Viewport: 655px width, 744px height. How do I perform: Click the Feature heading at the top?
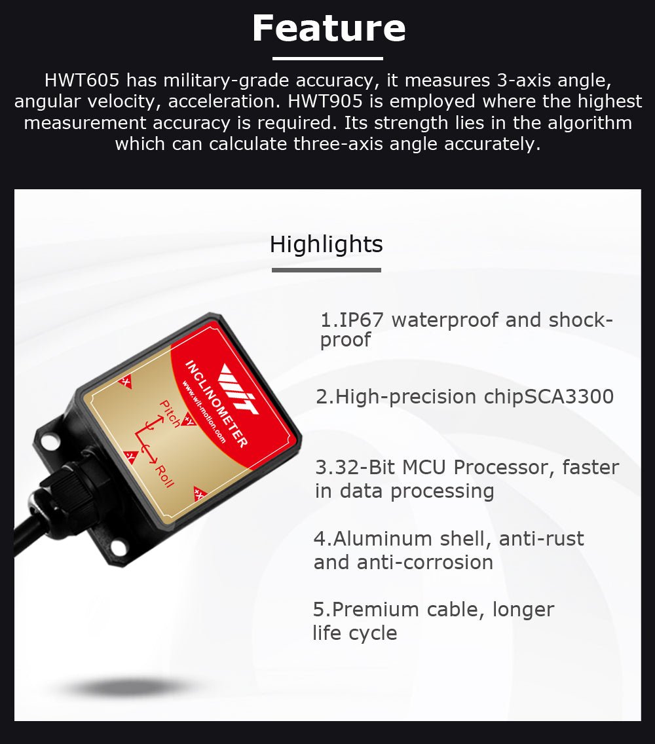(328, 28)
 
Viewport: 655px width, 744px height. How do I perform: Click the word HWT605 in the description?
(82, 80)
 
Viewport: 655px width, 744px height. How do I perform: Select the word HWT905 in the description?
(325, 101)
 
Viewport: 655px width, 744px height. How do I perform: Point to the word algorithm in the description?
(590, 123)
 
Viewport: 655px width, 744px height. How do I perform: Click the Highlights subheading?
(326, 244)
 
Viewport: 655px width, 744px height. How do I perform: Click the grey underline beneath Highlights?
(326, 270)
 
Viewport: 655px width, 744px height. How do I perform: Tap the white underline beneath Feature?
(327, 58)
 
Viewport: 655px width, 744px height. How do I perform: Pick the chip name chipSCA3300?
(549, 397)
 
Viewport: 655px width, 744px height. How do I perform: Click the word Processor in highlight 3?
(504, 468)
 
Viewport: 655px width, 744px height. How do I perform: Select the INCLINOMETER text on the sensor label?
(215, 404)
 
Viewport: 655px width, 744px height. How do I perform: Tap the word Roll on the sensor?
(164, 476)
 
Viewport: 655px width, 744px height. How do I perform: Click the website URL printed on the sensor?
(204, 411)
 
